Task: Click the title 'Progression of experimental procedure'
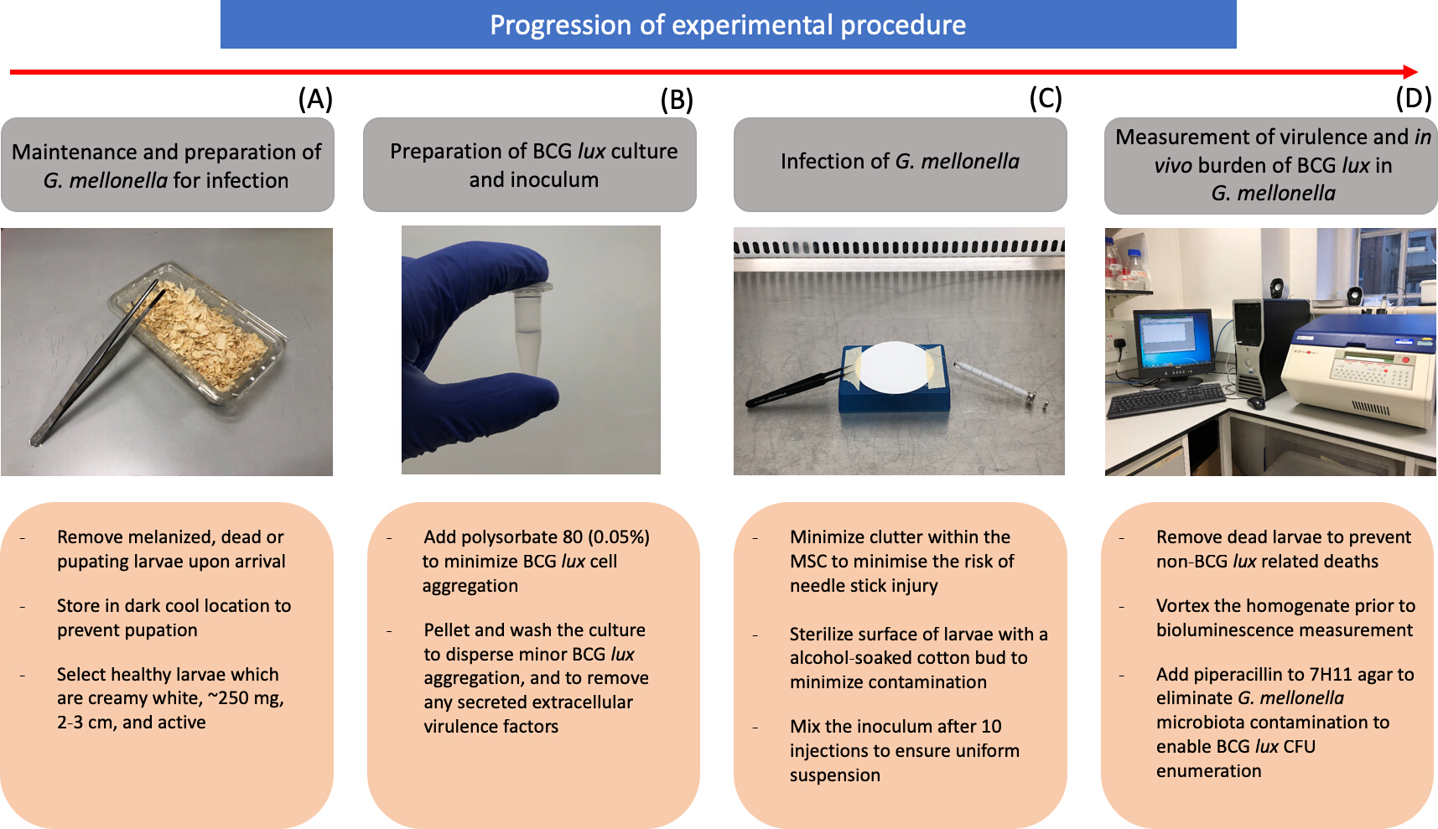pyautogui.click(x=728, y=25)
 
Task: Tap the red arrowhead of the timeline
pyautogui.click(x=1410, y=72)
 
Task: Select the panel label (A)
pyautogui.click(x=315, y=99)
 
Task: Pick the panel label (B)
pyautogui.click(x=677, y=100)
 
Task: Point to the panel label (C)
pyautogui.click(x=1046, y=98)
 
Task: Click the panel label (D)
pyautogui.click(x=1414, y=98)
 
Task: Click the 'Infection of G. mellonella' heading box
pyautogui.click(x=900, y=164)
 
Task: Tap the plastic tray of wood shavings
pyautogui.click(x=200, y=333)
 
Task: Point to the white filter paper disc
pyautogui.click(x=893, y=367)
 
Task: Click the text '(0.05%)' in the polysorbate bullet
pyautogui.click(x=619, y=536)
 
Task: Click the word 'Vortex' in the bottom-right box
pyautogui.click(x=1182, y=605)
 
